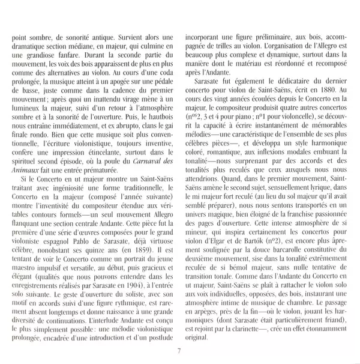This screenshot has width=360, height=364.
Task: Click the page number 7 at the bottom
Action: point(179,351)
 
